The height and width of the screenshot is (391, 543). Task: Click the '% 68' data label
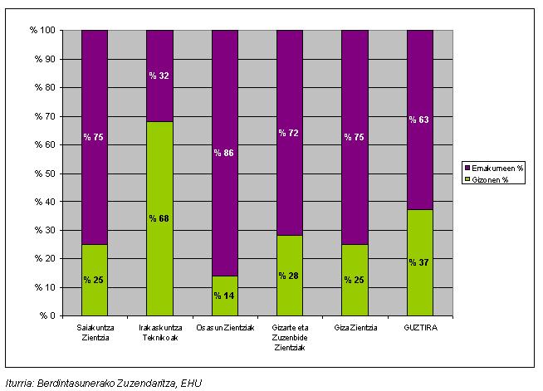click(159, 218)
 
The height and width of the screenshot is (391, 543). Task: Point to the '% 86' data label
click(224, 154)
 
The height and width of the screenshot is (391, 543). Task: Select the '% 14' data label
click(224, 296)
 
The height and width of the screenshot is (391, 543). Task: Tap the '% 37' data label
click(419, 262)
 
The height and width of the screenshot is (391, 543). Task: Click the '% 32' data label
click(159, 76)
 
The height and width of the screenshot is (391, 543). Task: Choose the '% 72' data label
click(289, 133)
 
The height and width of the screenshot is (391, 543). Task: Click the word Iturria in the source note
click(23, 383)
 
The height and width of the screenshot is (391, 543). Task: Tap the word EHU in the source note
click(191, 383)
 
